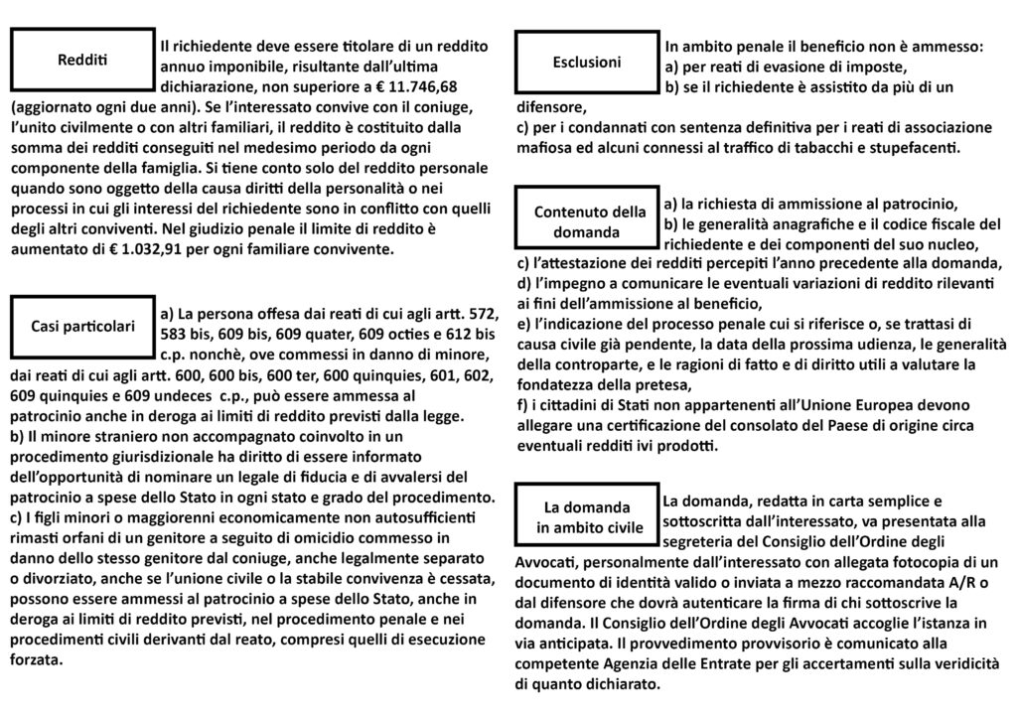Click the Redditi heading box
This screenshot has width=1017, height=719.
(82, 60)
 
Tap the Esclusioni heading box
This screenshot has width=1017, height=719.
(587, 63)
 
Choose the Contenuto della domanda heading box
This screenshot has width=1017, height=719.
(589, 220)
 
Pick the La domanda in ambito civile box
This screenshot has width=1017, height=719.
(589, 517)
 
